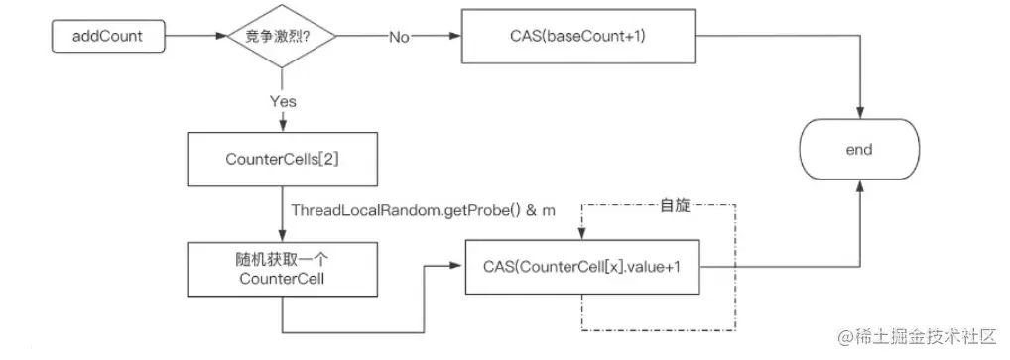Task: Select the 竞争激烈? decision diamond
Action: [x=283, y=38]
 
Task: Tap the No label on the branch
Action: [x=399, y=38]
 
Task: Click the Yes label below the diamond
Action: [x=283, y=101]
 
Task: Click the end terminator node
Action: [x=859, y=150]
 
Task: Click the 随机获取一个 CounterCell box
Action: [x=283, y=269]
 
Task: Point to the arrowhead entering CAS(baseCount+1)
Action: [x=459, y=38]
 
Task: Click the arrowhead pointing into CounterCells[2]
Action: [x=283, y=124]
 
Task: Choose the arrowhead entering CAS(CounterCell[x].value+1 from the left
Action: [x=457, y=266]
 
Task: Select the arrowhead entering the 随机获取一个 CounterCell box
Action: [x=283, y=236]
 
